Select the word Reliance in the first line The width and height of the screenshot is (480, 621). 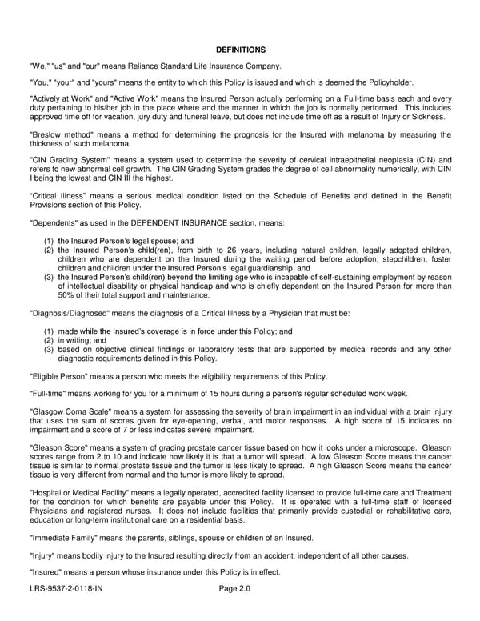151,66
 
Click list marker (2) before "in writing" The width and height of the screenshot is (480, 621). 49,339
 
